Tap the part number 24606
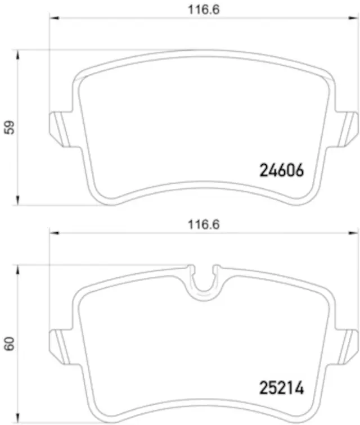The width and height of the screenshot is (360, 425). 281,170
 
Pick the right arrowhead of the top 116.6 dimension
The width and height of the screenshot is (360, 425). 355,19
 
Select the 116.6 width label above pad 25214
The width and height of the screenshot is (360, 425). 203,224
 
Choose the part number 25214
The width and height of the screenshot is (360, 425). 281,387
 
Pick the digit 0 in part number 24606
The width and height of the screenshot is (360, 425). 290,170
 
